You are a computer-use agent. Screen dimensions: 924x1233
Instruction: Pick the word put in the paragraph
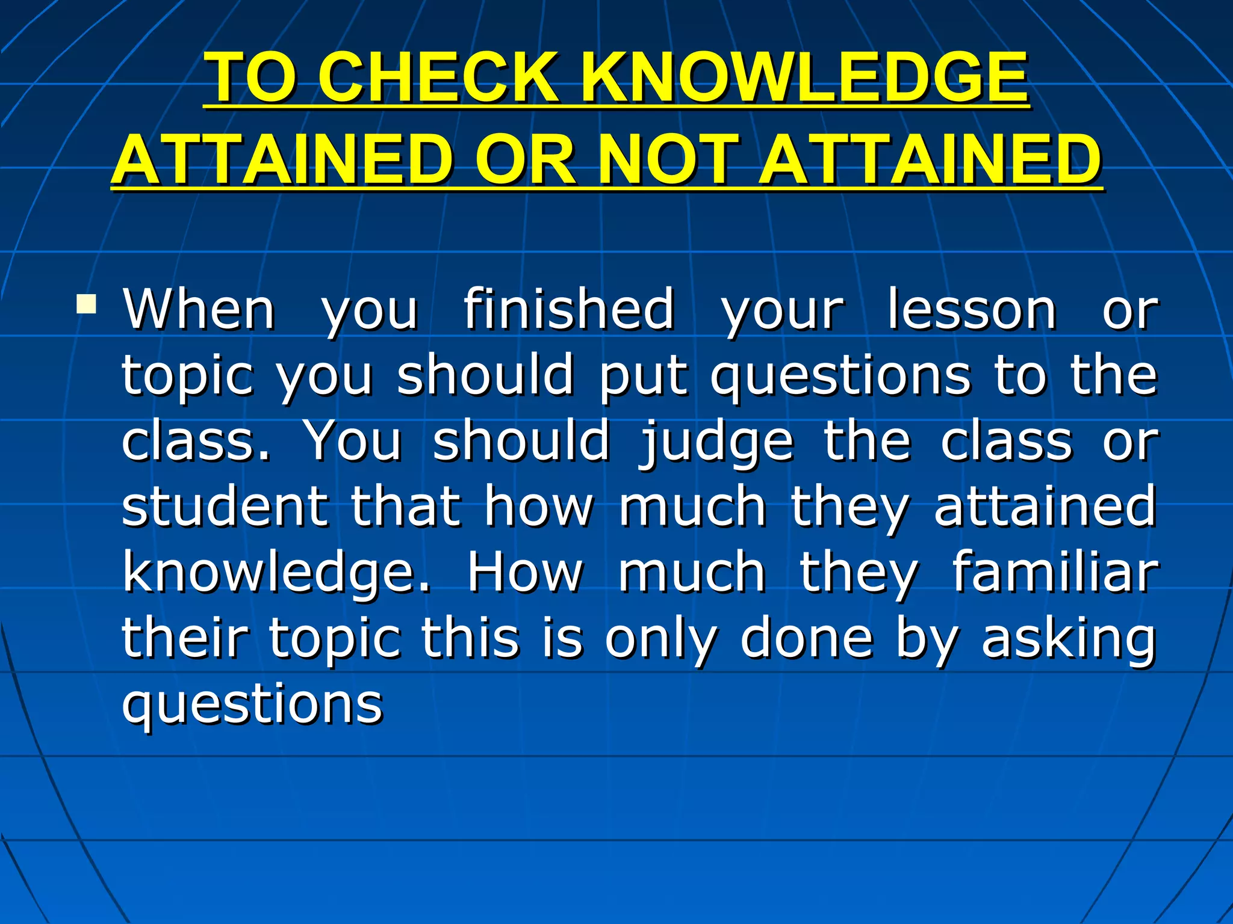[643, 376]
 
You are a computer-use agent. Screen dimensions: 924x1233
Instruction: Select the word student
[225, 507]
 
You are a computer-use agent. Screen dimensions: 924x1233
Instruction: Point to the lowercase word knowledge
[277, 573]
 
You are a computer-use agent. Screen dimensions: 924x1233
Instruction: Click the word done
[807, 638]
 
